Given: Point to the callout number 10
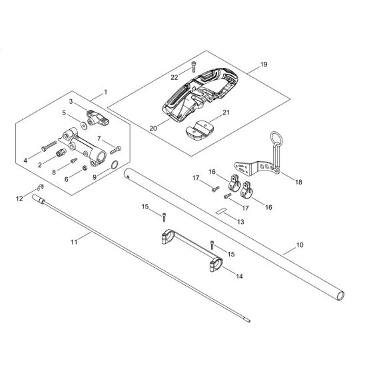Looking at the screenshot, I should coord(300,246).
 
